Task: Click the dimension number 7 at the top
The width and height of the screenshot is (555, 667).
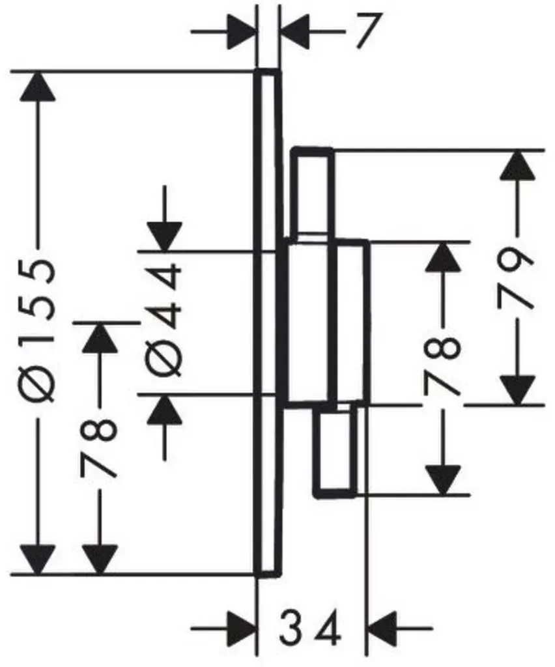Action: [367, 30]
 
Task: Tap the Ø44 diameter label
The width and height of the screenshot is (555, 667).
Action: [165, 320]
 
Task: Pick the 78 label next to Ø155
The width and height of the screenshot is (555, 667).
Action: [98, 448]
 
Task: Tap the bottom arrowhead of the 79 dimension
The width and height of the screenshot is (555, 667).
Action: [517, 390]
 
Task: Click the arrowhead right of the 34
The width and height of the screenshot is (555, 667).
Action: [382, 627]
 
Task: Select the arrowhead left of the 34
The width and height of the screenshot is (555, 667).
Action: [242, 627]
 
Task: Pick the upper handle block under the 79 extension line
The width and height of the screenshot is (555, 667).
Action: [313, 193]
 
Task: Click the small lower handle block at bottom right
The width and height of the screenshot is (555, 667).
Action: [335, 451]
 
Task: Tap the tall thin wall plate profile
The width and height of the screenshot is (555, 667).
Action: [268, 322]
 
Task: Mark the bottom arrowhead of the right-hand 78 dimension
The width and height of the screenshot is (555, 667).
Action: [443, 481]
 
